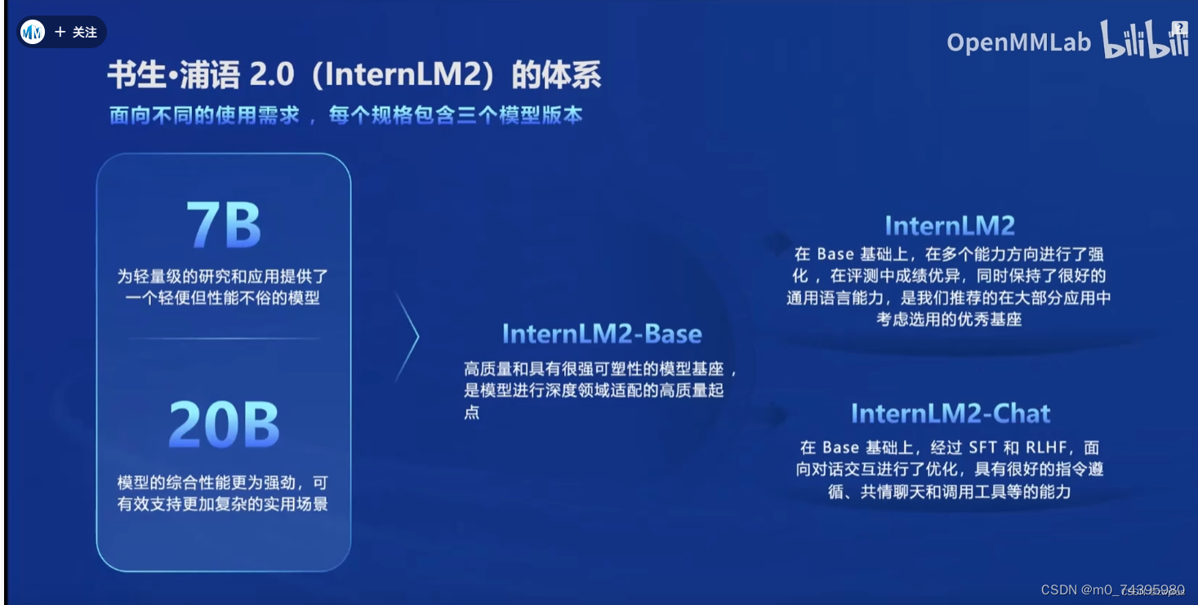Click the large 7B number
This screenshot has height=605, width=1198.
point(223,225)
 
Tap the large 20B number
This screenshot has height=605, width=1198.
point(224,425)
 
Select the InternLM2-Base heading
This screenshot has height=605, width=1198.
point(602,334)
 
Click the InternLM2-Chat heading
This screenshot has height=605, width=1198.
point(951,413)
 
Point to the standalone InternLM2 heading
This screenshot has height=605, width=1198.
point(950,225)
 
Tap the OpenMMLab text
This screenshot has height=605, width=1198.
point(1018,42)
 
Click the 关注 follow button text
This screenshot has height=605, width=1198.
point(85,33)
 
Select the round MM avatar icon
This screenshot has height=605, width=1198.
point(33,33)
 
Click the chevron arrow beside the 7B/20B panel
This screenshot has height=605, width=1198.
point(407,336)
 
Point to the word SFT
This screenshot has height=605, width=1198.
point(982,447)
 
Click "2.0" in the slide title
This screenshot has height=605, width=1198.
point(271,76)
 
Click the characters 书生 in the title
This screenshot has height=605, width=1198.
point(133,76)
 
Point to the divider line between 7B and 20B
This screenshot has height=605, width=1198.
point(223,338)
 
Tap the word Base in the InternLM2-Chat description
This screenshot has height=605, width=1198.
point(840,447)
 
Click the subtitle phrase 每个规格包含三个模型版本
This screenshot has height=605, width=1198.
point(456,115)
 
